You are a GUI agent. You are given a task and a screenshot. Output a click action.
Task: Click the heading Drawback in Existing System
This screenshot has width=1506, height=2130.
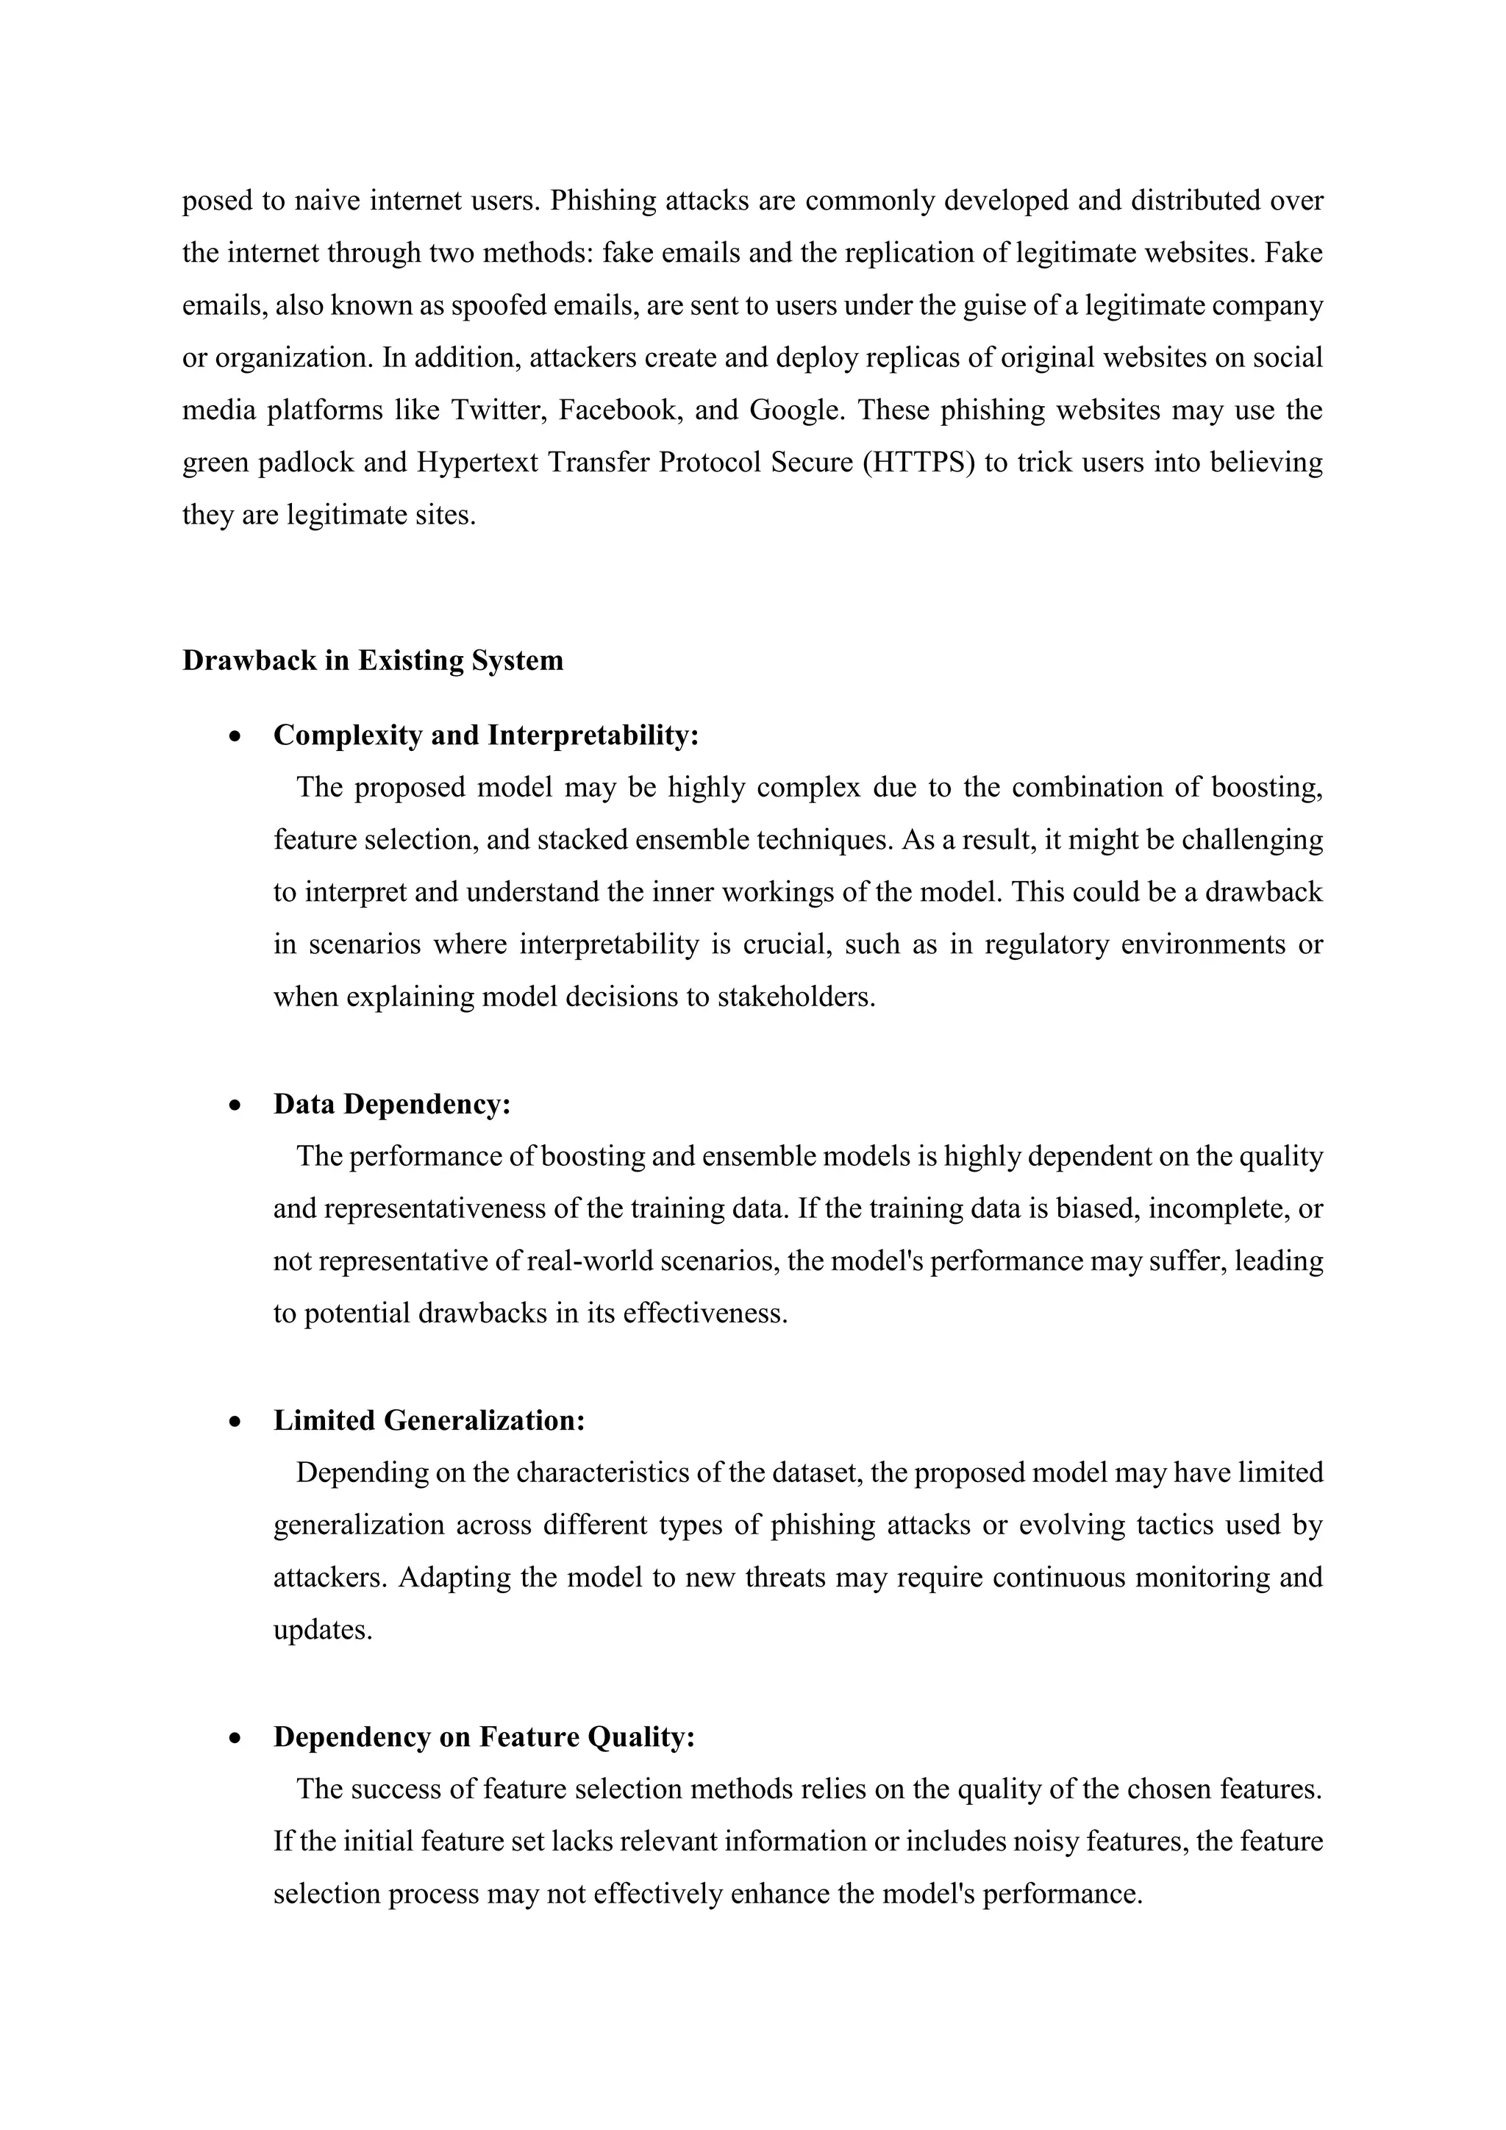tap(373, 660)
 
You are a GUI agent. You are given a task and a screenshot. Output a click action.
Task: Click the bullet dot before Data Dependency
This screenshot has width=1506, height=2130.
tap(238, 1105)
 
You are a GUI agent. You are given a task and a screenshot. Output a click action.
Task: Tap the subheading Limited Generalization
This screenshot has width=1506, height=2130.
tap(429, 1420)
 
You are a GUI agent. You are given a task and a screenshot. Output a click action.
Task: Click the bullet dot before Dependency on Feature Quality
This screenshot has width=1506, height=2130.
tap(238, 1737)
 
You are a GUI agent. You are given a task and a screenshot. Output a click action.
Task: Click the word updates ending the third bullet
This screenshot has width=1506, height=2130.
tap(322, 1630)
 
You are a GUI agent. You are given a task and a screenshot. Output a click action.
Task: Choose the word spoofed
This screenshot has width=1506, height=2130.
tap(498, 305)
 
